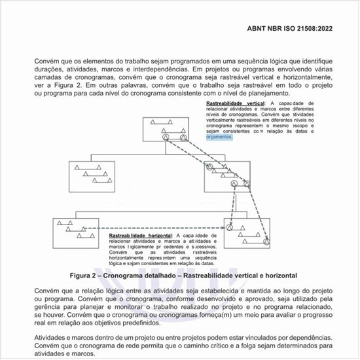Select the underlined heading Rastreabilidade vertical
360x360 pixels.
[x=235, y=104]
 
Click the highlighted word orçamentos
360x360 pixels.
[x=219, y=137]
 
